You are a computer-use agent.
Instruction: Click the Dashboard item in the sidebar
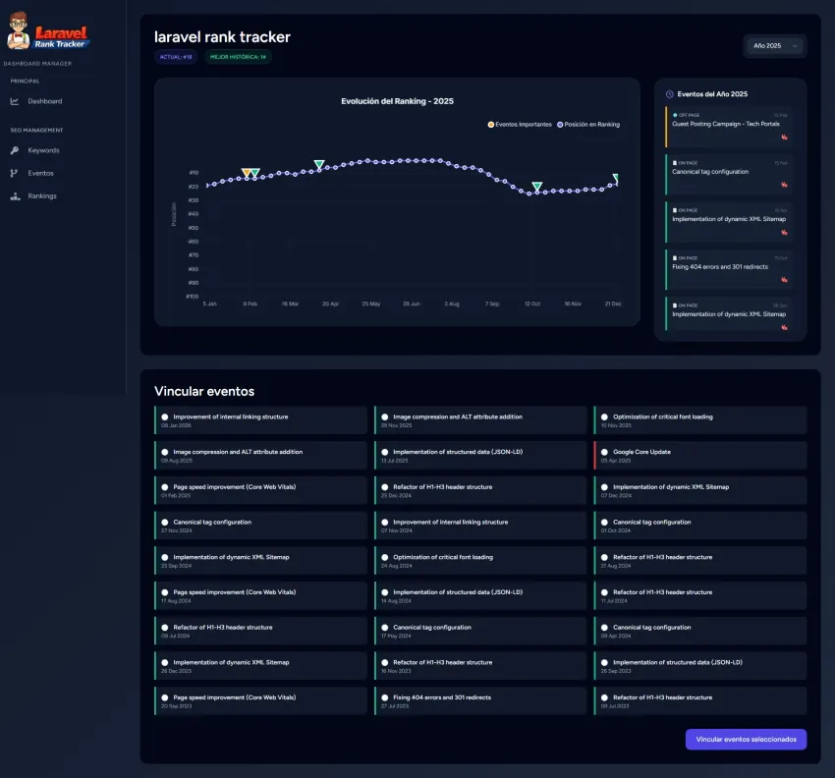click(x=44, y=101)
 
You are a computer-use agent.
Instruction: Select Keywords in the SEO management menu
click(x=43, y=150)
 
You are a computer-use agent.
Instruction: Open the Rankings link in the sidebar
click(x=41, y=195)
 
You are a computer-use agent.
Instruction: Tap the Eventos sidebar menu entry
click(x=40, y=173)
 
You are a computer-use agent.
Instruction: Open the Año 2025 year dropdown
click(x=773, y=45)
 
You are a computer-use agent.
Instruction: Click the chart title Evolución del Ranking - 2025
click(x=397, y=101)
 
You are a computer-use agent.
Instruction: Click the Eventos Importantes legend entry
click(x=520, y=125)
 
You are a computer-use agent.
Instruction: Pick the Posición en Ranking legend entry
click(x=588, y=125)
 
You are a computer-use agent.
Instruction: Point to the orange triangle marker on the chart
click(x=247, y=173)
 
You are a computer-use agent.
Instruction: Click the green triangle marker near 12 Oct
click(x=536, y=186)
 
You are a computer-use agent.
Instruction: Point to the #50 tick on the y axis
click(x=193, y=227)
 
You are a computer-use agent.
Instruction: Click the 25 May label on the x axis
click(x=371, y=305)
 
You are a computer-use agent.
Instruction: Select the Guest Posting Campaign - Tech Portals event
click(x=725, y=124)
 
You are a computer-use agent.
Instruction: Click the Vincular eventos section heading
click(x=204, y=391)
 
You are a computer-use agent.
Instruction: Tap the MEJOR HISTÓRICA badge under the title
click(x=237, y=57)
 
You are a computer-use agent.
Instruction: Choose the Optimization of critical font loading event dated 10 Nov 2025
click(x=663, y=417)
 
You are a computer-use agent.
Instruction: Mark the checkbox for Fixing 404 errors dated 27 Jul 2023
click(x=384, y=697)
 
